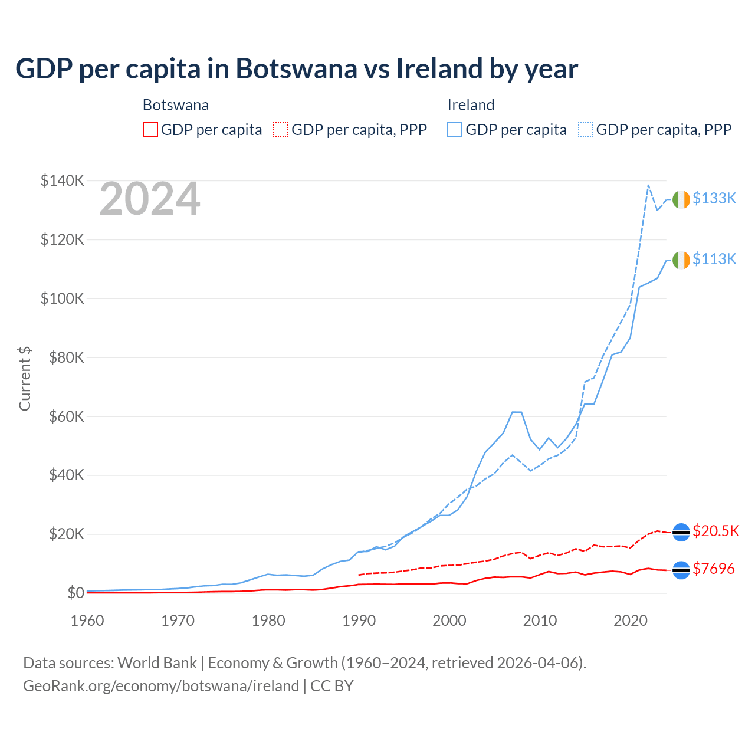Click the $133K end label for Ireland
tap(714, 198)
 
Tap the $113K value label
tap(714, 259)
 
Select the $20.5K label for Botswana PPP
tap(715, 531)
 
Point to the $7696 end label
tap(714, 569)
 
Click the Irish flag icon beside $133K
tap(681, 200)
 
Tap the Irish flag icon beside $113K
tap(681, 260)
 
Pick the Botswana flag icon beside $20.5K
tap(681, 532)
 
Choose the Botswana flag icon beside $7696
tap(681, 570)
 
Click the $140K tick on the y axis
tap(63, 180)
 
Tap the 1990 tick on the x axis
tap(359, 621)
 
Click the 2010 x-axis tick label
tap(540, 621)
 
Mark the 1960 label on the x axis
tap(87, 621)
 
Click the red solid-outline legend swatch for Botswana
tap(150, 130)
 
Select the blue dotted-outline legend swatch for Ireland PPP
tap(586, 130)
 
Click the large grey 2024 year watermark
tap(150, 199)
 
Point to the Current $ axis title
tap(25, 378)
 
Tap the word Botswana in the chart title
tap(297, 68)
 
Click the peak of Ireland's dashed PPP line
tap(648, 185)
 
